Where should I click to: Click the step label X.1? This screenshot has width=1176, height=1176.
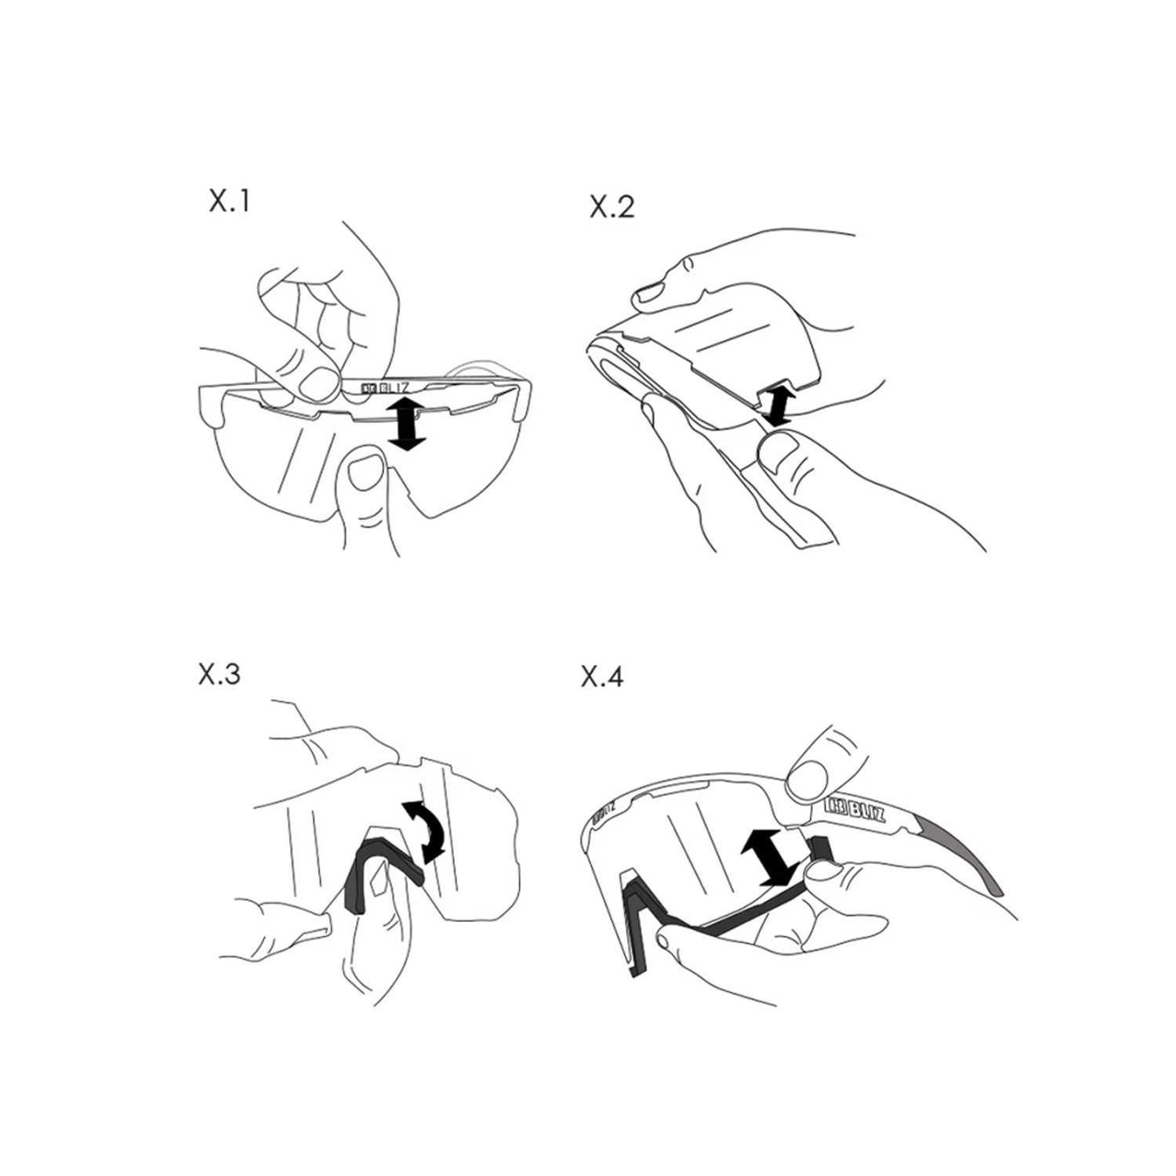(229, 201)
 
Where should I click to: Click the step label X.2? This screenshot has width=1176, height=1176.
(612, 207)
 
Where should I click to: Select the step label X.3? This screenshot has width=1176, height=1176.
(220, 674)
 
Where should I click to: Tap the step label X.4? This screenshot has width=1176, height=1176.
(602, 676)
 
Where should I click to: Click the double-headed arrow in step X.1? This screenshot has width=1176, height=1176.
(406, 423)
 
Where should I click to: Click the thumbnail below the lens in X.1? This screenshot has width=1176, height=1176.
(365, 474)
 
